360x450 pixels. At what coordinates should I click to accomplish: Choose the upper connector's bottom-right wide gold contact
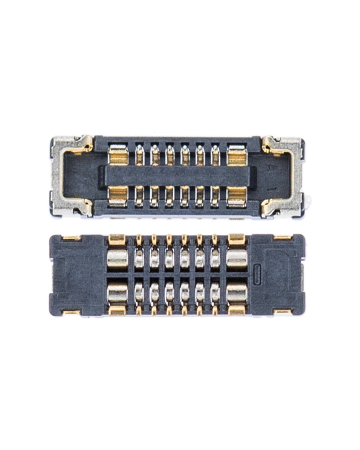(236, 197)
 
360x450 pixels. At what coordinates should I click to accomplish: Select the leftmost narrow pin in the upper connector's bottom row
(139, 197)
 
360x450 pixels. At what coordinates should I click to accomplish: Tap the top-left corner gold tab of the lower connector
(71, 238)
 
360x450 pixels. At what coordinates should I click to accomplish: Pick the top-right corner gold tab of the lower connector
(284, 238)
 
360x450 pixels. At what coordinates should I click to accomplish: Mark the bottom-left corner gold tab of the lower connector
(71, 313)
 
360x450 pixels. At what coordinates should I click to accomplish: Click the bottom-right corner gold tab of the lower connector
(284, 313)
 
